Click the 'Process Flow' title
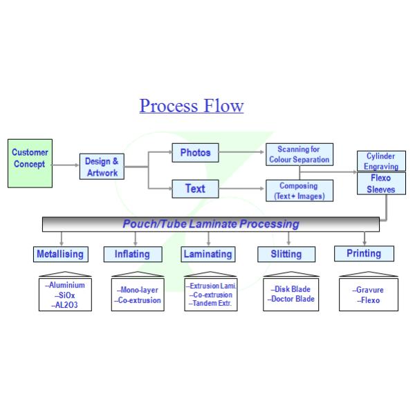pyautogui.click(x=192, y=106)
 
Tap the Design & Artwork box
pyautogui.click(x=102, y=167)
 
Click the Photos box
pyautogui.click(x=195, y=152)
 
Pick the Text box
pyautogui.click(x=195, y=188)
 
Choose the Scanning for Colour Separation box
pyautogui.click(x=299, y=154)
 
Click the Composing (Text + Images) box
pyautogui.click(x=299, y=190)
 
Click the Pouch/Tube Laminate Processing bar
pyautogui.click(x=211, y=224)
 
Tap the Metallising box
pyautogui.click(x=60, y=254)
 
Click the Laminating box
pyautogui.click(x=207, y=254)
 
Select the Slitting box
pyautogui.click(x=286, y=254)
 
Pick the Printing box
pyautogui.click(x=364, y=253)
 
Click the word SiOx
pyautogui.click(x=66, y=295)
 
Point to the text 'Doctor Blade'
pyautogui.click(x=293, y=299)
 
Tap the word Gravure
pyautogui.click(x=371, y=290)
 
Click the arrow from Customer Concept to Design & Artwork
pyautogui.click(x=65, y=165)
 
